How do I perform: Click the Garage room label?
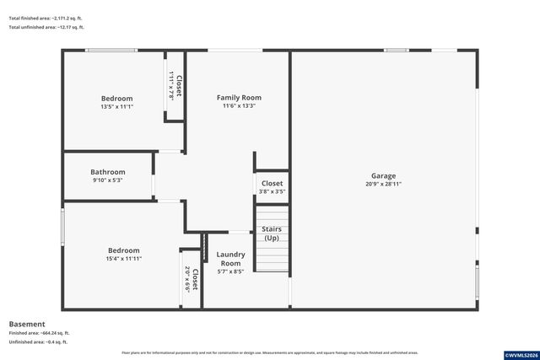383,176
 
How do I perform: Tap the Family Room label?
239,98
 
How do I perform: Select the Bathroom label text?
108,172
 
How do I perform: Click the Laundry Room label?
230,259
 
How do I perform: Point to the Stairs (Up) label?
272,233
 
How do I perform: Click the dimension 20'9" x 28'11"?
383,184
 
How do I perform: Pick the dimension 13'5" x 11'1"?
116,106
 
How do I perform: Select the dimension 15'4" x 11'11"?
123,258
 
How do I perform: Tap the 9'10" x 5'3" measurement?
108,180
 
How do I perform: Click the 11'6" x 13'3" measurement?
239,106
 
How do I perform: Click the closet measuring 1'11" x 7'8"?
175,86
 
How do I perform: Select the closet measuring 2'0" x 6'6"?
191,278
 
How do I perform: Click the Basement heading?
26,324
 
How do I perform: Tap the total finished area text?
46,18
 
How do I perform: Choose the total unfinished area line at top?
46,27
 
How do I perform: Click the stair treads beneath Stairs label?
272,257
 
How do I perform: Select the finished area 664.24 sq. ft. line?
39,333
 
